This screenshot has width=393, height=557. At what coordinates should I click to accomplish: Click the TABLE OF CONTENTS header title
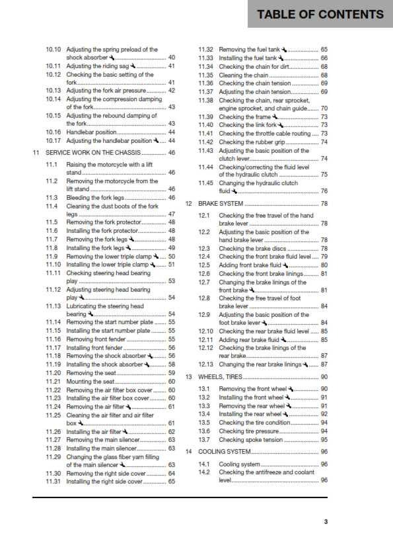(x=320, y=15)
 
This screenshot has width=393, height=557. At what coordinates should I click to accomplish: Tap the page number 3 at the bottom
(x=326, y=522)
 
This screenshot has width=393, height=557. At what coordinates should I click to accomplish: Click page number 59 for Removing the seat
(x=172, y=373)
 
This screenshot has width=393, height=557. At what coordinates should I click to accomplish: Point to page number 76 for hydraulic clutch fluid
(x=324, y=191)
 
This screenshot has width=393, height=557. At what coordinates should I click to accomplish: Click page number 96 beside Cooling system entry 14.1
(x=324, y=464)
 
